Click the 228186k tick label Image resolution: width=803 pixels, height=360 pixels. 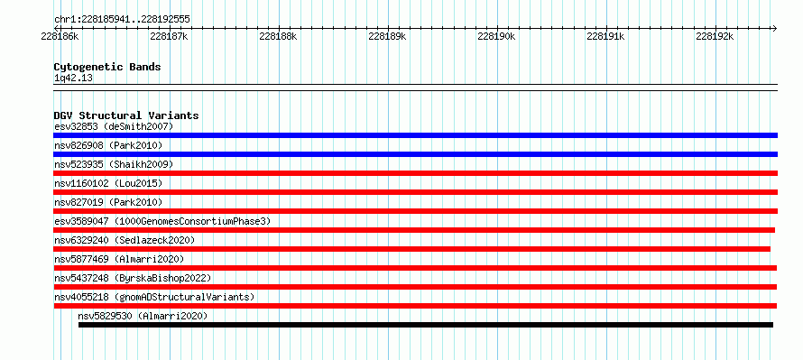coord(60,36)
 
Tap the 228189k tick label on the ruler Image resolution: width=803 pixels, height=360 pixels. coord(387,36)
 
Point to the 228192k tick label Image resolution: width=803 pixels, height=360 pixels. coord(715,36)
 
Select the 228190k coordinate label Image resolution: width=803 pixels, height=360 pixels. coord(496,36)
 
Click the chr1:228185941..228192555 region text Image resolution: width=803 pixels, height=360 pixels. coord(122,20)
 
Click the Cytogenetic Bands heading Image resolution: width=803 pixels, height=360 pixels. coord(107,67)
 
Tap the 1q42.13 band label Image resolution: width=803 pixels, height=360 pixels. coord(73,78)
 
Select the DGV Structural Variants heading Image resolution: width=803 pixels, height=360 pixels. coord(126,115)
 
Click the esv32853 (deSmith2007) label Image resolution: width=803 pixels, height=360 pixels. coord(114,126)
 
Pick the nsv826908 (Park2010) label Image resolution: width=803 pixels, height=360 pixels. coord(108,146)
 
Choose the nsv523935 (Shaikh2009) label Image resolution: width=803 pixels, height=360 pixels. coord(114,164)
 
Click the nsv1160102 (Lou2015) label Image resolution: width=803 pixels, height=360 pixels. coord(108,183)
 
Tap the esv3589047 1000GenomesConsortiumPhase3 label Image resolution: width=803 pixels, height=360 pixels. coord(162,221)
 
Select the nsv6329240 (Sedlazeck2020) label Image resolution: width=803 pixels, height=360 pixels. coord(125,240)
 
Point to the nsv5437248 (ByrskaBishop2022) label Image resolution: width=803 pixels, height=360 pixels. coord(133,278)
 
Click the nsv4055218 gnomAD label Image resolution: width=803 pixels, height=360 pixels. coord(154,297)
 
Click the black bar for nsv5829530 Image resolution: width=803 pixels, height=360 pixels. coord(426,325)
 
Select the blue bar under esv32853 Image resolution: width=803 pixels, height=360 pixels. coord(415,135)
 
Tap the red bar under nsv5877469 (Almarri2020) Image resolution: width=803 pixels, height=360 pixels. coord(415,268)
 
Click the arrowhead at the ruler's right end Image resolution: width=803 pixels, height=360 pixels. coord(774,28)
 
